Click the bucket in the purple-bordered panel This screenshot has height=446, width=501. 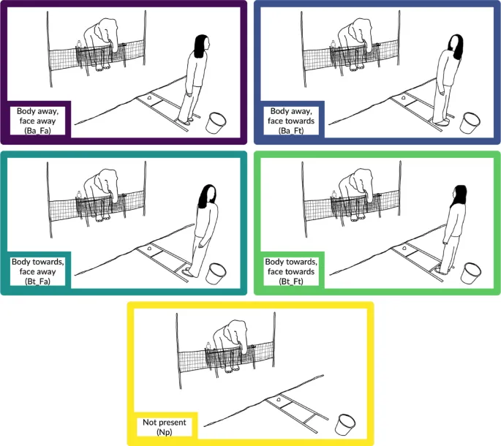216,123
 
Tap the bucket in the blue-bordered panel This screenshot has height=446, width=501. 470,123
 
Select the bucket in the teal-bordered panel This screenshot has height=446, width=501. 216,273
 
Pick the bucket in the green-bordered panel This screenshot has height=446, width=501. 470,273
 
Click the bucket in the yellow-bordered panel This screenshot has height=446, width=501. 345,425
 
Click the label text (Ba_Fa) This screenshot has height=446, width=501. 38,131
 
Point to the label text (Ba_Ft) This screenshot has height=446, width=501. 291,131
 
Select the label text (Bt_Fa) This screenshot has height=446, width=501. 38,281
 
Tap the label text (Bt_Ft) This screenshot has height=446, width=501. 291,281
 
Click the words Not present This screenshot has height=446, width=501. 165,423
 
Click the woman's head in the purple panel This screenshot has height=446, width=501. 202,45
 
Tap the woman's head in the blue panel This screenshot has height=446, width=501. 456,46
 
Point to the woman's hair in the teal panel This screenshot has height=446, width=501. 207,197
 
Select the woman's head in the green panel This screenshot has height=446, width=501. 459,196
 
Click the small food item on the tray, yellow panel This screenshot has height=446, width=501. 279,399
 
